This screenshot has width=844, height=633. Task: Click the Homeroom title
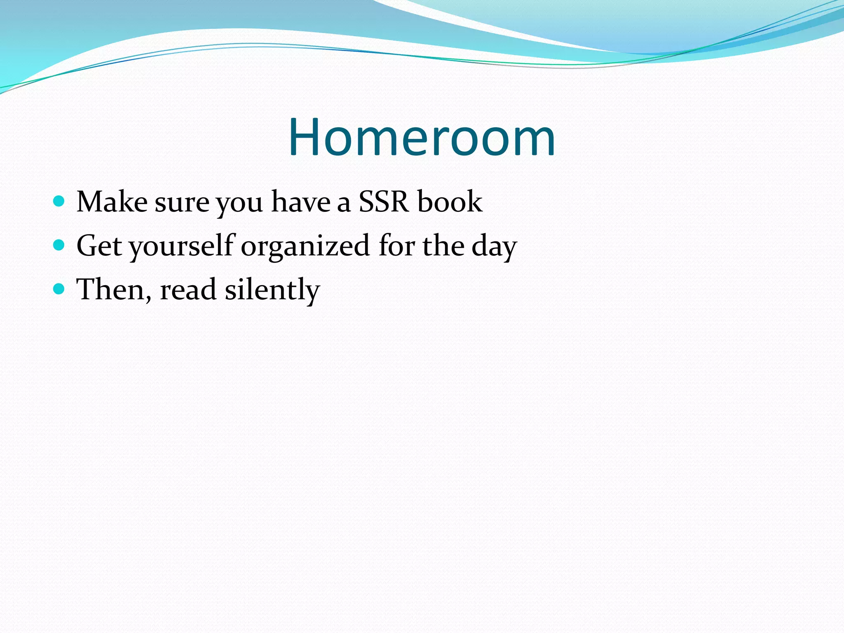pyautogui.click(x=422, y=138)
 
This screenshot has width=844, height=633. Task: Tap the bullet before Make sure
pyautogui.click(x=59, y=201)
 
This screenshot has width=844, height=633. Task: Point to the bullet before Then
pyautogui.click(x=59, y=289)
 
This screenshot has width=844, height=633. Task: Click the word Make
pyautogui.click(x=112, y=202)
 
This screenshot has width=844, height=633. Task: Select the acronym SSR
pyautogui.click(x=383, y=202)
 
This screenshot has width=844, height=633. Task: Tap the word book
pyautogui.click(x=450, y=202)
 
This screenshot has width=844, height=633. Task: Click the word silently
pyautogui.click(x=272, y=290)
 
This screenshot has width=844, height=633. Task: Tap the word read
pyautogui.click(x=188, y=290)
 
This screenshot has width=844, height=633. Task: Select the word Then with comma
pyautogui.click(x=114, y=290)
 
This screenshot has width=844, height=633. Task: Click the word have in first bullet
pyautogui.click(x=300, y=202)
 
